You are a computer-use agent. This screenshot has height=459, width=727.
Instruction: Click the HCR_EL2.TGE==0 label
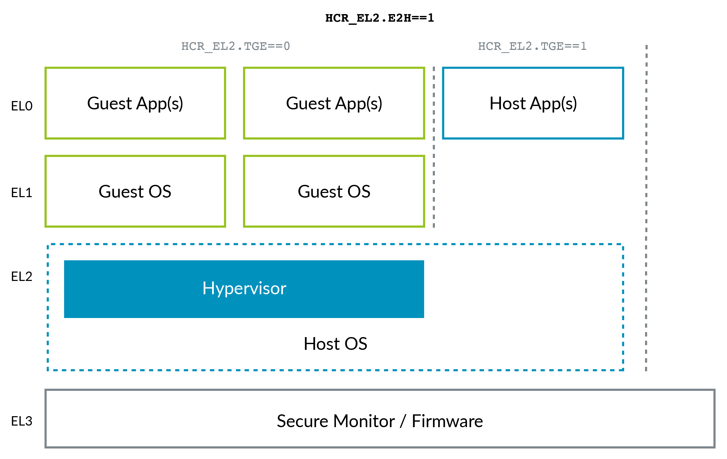coord(235,46)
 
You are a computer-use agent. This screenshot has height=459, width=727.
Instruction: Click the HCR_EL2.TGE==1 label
coord(532,46)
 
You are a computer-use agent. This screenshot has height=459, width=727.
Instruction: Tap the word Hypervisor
coord(244,289)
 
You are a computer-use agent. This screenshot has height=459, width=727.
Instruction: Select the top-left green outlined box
coord(135,103)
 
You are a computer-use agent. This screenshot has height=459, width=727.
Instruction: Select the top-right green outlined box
coord(334,103)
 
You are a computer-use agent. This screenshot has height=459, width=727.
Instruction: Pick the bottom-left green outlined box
coord(135,191)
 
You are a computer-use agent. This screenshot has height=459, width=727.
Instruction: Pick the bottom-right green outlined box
coord(334,191)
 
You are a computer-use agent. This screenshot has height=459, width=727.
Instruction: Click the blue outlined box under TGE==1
coord(533,103)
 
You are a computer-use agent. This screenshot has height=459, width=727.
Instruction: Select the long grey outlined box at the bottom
coord(380,418)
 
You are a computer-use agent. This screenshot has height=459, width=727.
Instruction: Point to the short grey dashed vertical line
coord(434,147)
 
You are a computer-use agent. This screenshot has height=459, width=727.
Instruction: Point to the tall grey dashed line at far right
coord(646,208)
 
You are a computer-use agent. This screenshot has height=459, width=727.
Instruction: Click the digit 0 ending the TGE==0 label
coord(287,46)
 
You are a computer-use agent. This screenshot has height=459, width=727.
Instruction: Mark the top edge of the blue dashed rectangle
coord(335,244)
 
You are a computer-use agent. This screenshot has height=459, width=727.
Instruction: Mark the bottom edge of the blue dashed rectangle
coord(335,370)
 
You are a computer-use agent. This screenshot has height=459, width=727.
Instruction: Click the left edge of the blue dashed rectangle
coord(48,307)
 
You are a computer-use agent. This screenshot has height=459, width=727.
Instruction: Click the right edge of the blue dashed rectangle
coord(623,307)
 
